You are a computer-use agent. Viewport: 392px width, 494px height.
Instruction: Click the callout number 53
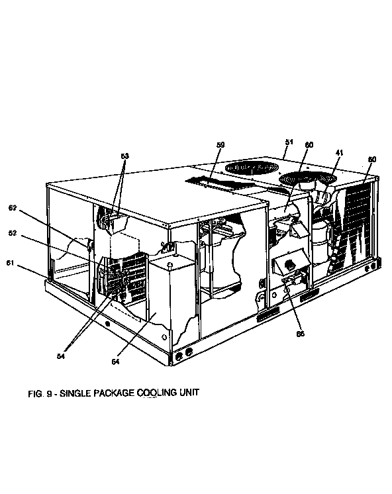pos(124,156)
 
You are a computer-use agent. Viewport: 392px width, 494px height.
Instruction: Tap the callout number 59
pos(220,144)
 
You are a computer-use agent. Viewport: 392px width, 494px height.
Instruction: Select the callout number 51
pos(289,141)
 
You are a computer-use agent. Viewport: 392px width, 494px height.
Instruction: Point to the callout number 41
pos(338,153)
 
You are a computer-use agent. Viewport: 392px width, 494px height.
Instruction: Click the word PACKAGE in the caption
pos(113,392)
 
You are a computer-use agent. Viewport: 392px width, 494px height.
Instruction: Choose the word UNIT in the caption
pos(188,392)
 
